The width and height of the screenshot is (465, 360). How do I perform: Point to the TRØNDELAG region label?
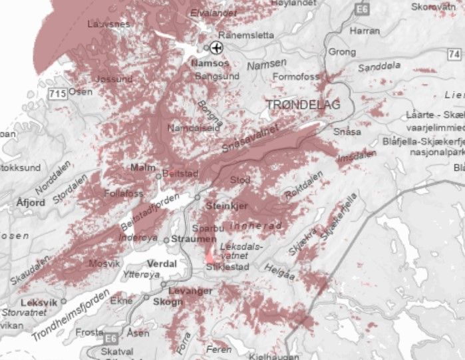coord(303,105)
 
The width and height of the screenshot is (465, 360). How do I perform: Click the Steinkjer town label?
coord(226,206)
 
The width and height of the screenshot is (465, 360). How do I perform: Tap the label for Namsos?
coord(210,63)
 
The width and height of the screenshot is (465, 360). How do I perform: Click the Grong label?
coord(343,51)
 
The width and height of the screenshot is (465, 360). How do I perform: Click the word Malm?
coord(143,167)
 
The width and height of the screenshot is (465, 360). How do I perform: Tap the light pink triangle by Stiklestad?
coord(210,255)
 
